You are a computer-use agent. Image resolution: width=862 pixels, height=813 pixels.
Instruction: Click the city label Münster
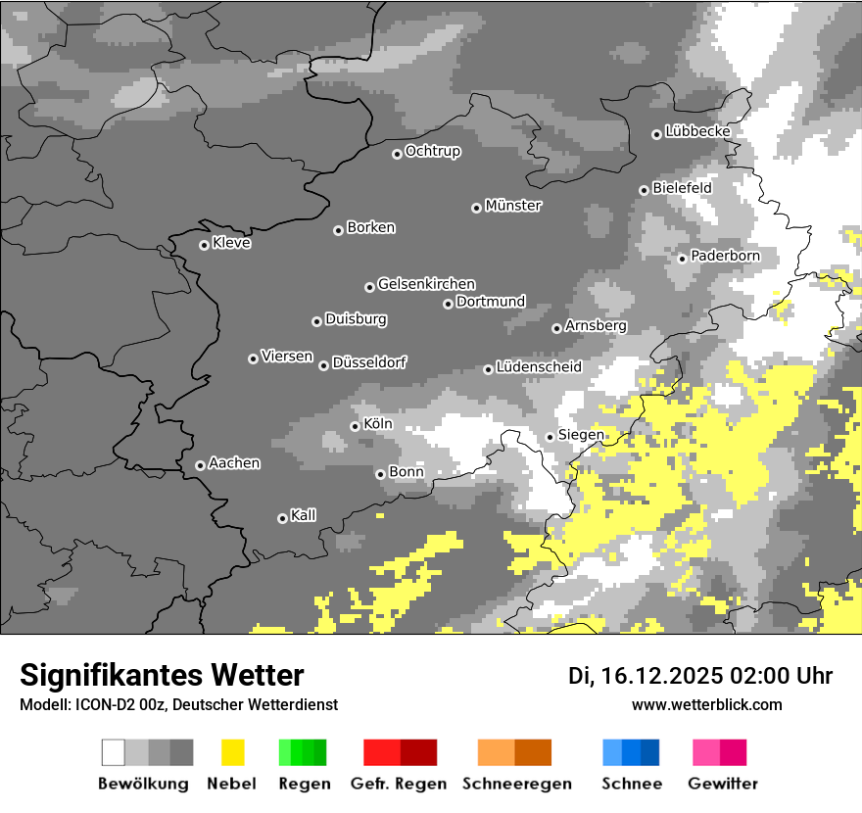pyautogui.click(x=513, y=206)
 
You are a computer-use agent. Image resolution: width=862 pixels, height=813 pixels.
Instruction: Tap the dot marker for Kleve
pyautogui.click(x=204, y=245)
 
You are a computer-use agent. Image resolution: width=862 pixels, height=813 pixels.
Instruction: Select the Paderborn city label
pyautogui.click(x=725, y=256)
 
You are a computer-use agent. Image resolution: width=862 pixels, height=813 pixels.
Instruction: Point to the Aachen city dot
pyautogui.click(x=200, y=465)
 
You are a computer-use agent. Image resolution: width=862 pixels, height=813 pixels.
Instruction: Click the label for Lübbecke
pyautogui.click(x=697, y=131)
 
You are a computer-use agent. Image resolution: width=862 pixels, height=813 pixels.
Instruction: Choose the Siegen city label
pyautogui.click(x=581, y=435)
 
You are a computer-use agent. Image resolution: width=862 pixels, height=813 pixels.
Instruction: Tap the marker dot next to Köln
pyautogui.click(x=355, y=426)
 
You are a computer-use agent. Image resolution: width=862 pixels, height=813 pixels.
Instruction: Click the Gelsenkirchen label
pyautogui.click(x=426, y=284)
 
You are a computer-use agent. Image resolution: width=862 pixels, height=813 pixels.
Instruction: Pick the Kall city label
pyautogui.click(x=304, y=515)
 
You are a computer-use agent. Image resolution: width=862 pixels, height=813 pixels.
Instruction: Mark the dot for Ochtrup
pyautogui.click(x=397, y=154)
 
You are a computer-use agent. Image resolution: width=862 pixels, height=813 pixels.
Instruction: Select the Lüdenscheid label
pyautogui.click(x=539, y=367)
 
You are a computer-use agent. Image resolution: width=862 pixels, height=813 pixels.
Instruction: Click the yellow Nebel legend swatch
pyautogui.click(x=233, y=752)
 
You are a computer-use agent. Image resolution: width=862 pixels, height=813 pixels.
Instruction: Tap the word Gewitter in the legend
pyautogui.click(x=722, y=784)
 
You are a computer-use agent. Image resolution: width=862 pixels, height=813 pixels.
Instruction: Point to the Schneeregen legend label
pyautogui.click(x=517, y=784)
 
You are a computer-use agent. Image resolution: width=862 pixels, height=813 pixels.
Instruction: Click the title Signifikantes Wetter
pyautogui.click(x=162, y=675)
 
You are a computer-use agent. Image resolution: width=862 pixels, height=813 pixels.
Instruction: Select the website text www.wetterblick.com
pyautogui.click(x=706, y=704)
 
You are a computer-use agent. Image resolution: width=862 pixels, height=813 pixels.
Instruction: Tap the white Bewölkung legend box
pyautogui.click(x=114, y=752)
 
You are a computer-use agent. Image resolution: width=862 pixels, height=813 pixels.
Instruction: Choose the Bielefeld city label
pyautogui.click(x=682, y=187)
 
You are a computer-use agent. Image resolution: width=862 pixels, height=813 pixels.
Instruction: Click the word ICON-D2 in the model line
pyautogui.click(x=95, y=704)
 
